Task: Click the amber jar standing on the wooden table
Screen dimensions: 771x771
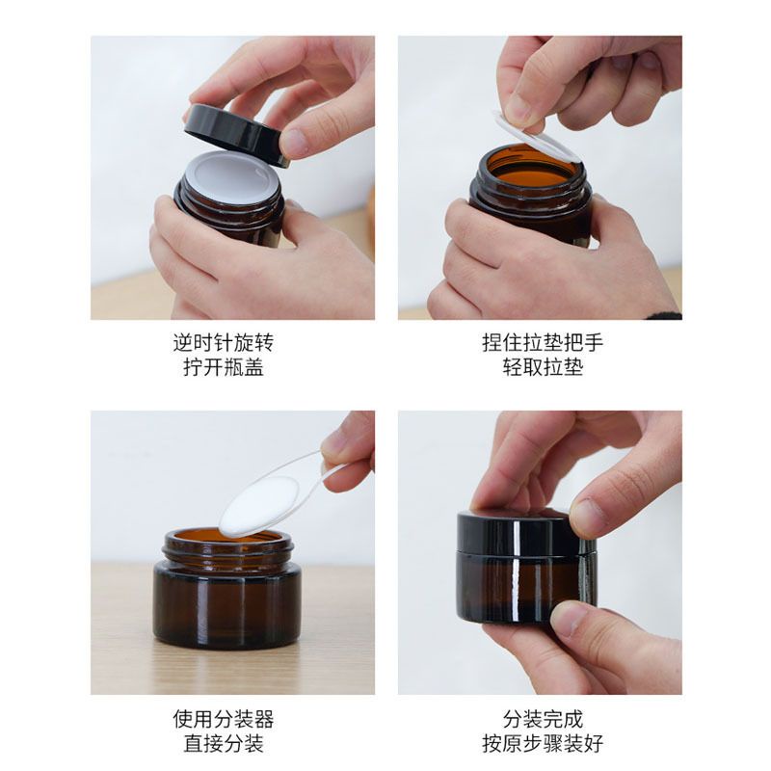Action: coord(227,598)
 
